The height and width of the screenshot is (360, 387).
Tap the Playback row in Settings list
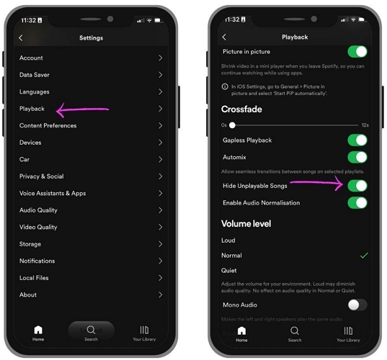click(x=32, y=109)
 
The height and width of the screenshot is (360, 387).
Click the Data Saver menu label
click(x=35, y=75)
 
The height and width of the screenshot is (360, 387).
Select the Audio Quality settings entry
click(x=38, y=210)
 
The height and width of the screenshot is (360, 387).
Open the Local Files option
click(x=35, y=278)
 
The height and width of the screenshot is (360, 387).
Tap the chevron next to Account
click(x=160, y=58)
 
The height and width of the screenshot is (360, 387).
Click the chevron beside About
click(x=160, y=294)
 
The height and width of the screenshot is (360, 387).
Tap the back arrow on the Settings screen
click(x=21, y=38)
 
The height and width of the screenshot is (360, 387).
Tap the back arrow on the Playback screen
click(x=224, y=37)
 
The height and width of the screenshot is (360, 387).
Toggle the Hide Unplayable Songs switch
click(x=357, y=186)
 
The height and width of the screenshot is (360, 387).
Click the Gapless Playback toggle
click(x=357, y=140)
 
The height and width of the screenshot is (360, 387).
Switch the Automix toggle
click(x=357, y=157)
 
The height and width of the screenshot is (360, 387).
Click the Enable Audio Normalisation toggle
click(x=357, y=203)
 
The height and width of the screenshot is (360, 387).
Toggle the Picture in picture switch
click(x=357, y=52)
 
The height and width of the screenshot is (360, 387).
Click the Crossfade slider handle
click(x=232, y=125)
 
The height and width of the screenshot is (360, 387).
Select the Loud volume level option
click(x=228, y=240)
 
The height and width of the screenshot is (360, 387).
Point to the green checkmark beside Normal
click(x=364, y=256)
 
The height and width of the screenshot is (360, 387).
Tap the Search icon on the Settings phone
click(x=91, y=330)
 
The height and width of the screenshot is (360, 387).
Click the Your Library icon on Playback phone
click(x=347, y=330)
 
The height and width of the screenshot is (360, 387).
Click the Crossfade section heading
click(x=241, y=109)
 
